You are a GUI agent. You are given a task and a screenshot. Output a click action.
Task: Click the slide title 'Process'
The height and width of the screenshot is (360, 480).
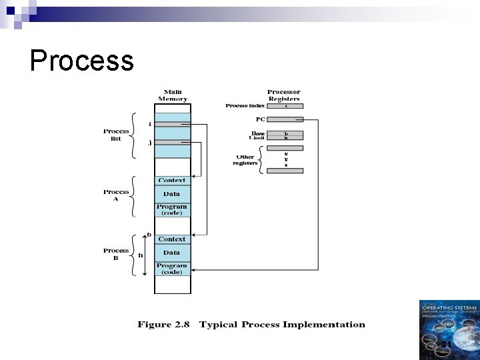82,61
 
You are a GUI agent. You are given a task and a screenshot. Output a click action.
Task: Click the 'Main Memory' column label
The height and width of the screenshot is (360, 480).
172,95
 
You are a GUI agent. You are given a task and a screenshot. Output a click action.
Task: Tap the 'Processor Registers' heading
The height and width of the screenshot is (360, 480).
283,95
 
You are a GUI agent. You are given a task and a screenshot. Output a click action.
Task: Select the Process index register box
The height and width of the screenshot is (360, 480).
285,105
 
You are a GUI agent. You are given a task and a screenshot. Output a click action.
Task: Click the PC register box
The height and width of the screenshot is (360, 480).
285,119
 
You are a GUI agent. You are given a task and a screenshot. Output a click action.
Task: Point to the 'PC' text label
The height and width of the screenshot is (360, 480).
261,119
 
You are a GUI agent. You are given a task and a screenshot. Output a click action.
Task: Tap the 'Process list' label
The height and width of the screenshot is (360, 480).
115,134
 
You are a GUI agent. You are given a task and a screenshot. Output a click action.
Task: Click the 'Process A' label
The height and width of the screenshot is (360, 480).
116,195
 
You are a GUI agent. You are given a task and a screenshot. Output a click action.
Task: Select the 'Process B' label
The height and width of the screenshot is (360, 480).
116,254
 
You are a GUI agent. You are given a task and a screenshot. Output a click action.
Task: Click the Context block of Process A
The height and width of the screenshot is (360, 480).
172,181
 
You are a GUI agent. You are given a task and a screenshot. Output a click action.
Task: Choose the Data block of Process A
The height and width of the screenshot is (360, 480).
172,194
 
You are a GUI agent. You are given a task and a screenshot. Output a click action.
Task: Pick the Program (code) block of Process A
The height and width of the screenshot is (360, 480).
172,209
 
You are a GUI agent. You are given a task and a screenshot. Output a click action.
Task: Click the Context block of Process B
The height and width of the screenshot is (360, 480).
172,239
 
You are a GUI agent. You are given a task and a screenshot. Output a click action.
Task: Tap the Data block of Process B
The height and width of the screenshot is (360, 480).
172,253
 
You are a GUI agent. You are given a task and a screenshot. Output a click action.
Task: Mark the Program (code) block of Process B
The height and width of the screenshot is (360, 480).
172,268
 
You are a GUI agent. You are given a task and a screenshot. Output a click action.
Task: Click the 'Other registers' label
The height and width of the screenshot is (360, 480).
245,160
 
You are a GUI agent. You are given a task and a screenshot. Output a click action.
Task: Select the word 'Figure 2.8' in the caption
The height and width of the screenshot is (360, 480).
163,325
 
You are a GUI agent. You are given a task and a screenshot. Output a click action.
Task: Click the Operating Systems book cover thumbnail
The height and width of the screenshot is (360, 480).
449,329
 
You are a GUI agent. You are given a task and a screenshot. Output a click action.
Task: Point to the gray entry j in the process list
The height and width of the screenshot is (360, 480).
172,142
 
